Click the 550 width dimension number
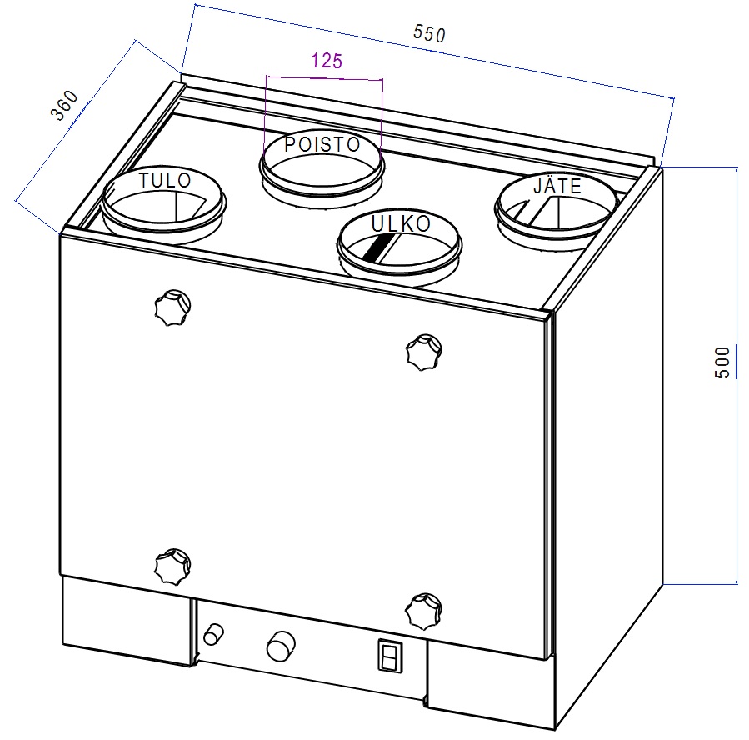point(430,33)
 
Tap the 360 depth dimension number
point(65,106)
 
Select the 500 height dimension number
point(723,362)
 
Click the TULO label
point(165,180)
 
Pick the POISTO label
point(322,144)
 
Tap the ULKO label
point(401,224)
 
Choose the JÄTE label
point(557,187)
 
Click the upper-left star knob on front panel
point(172,308)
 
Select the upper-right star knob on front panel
point(423,352)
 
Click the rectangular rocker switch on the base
point(387,656)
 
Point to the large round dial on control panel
point(281,645)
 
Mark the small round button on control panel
point(214,633)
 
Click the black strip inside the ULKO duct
point(378,245)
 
